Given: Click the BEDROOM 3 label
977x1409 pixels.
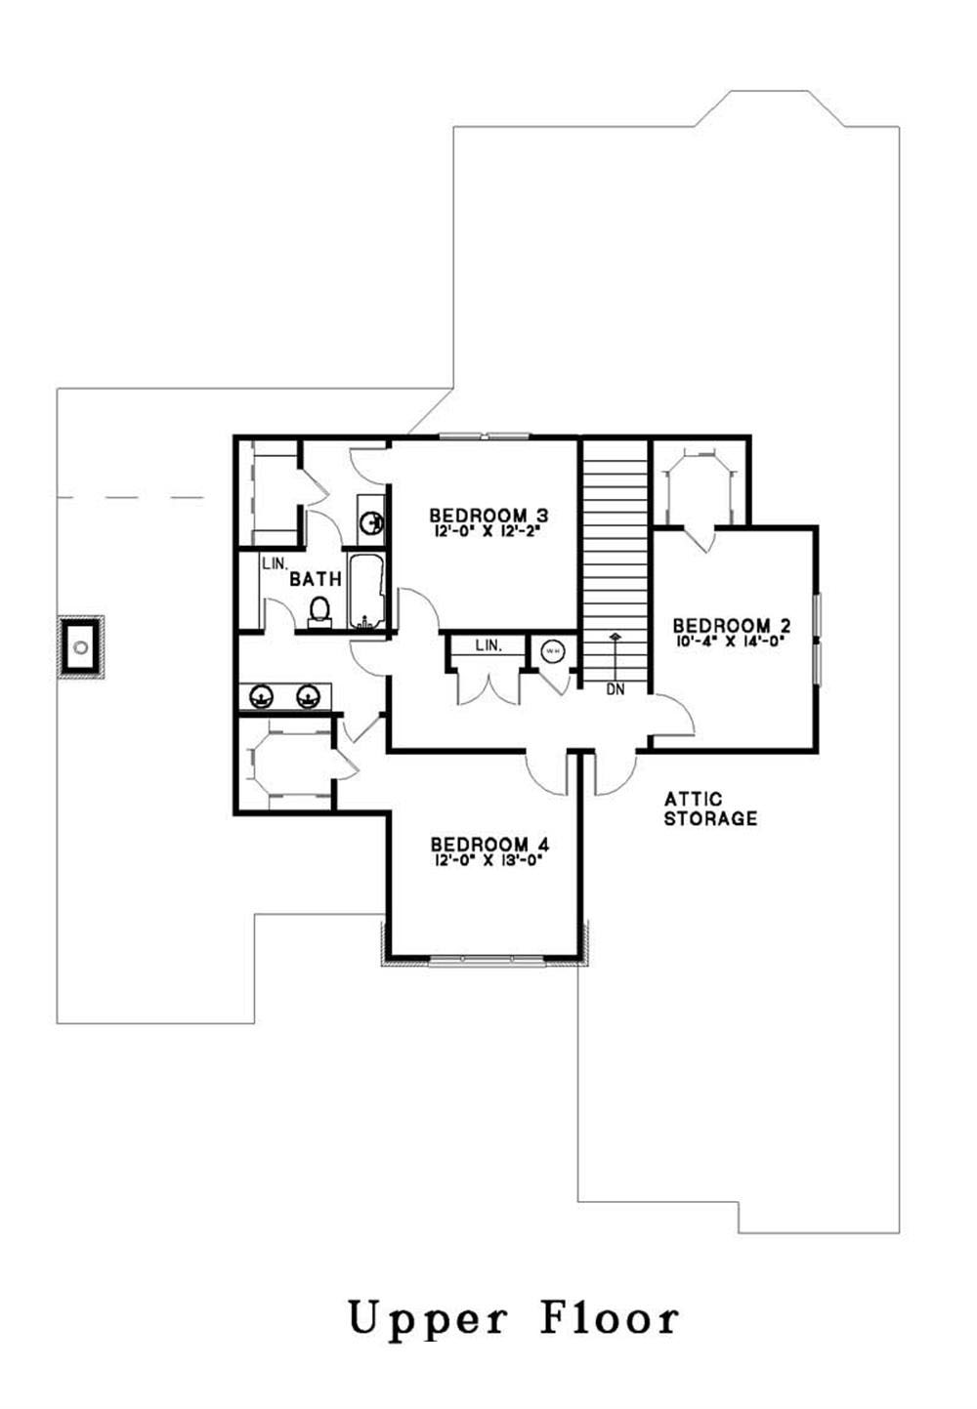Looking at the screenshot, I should (488, 515).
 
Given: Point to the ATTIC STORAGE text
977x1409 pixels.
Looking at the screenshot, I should (710, 809).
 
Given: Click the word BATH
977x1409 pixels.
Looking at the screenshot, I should (316, 579).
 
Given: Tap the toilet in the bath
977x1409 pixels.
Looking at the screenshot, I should (319, 611).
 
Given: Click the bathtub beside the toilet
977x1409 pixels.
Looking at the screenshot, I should (368, 593).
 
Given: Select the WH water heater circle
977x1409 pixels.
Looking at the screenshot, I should (553, 650).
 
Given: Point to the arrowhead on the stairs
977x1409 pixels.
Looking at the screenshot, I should (616, 638).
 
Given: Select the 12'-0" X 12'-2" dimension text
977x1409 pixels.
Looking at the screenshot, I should (488, 532).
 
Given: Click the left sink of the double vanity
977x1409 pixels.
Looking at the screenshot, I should (262, 696).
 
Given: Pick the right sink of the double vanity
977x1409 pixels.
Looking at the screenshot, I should (310, 696).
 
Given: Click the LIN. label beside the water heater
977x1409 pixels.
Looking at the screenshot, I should (488, 646).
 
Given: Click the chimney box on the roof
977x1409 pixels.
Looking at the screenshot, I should (80, 646).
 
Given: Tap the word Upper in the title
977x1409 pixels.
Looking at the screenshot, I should (427, 1319).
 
